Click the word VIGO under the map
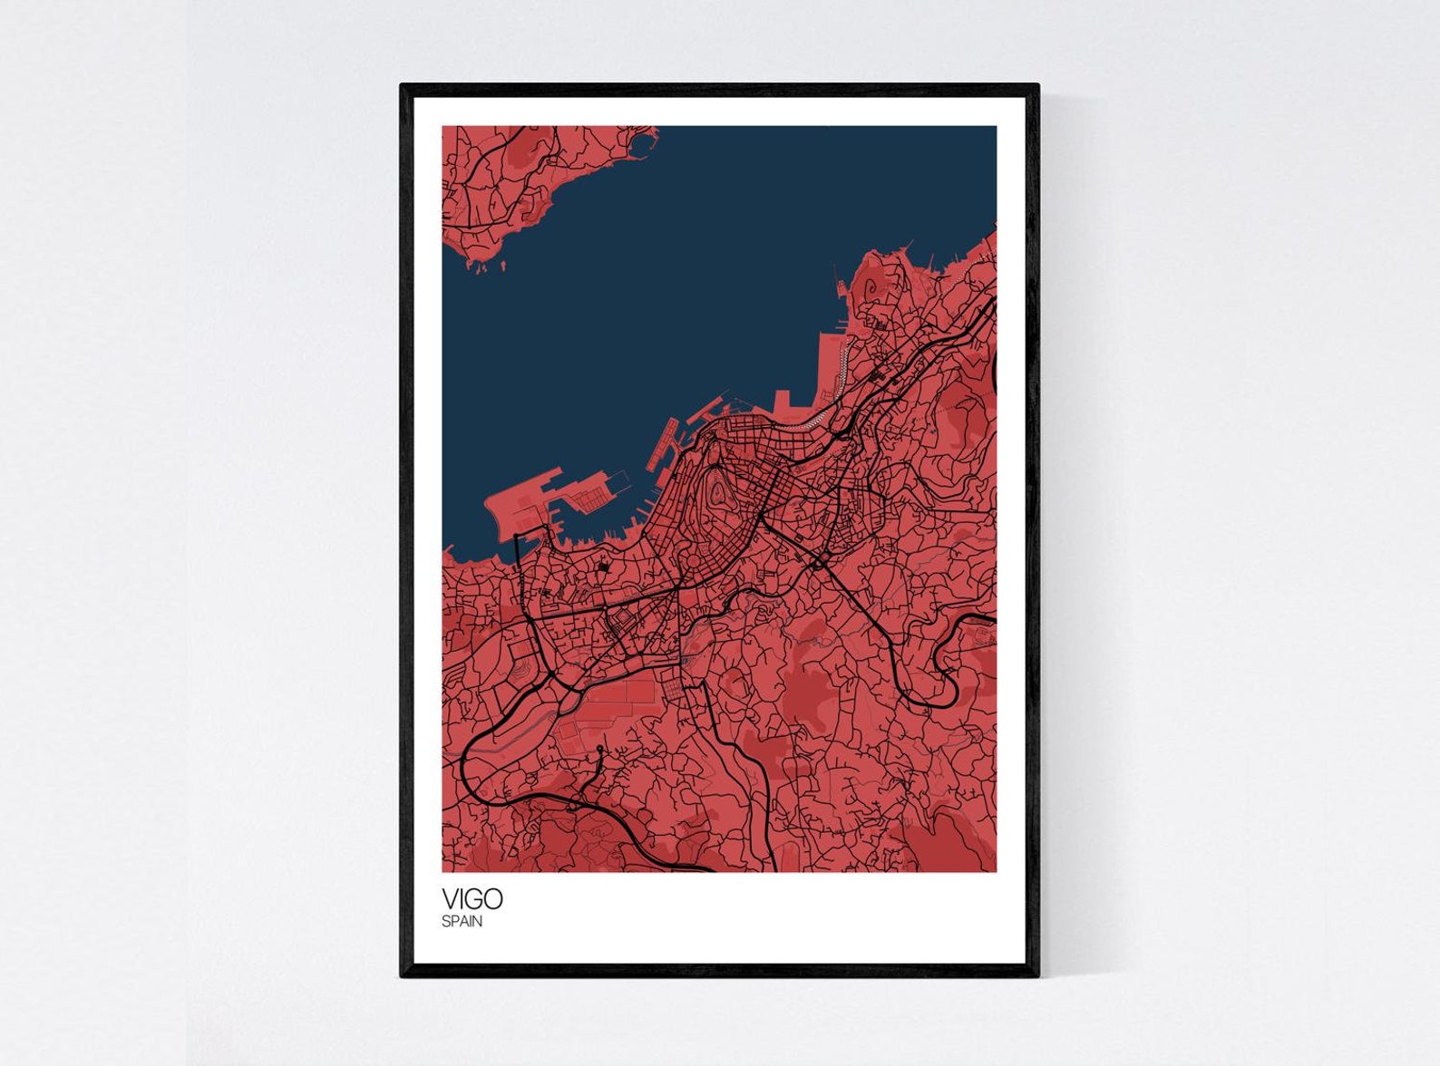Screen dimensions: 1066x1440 coord(472,898)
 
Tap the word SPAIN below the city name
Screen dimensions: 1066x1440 coord(462,922)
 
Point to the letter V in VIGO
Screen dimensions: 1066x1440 coord(450,898)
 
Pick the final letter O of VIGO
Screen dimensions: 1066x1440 coord(492,898)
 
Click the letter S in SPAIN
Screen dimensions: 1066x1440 coord(445,922)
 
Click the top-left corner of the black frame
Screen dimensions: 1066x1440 coord(403,86)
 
